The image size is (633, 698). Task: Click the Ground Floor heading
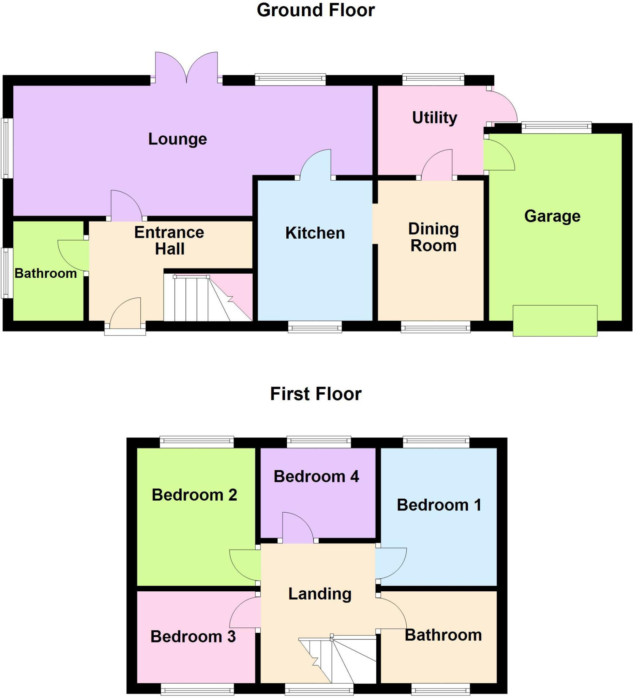pyautogui.click(x=315, y=10)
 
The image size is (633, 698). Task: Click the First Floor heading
pyautogui.click(x=315, y=394)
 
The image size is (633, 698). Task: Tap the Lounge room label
pyautogui.click(x=177, y=139)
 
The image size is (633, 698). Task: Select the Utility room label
pyautogui.click(x=434, y=118)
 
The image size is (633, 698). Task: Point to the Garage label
pyautogui.click(x=552, y=216)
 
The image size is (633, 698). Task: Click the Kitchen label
pyautogui.click(x=315, y=233)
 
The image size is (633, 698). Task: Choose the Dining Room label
pyautogui.click(x=433, y=238)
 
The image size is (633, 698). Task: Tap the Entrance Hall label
pyautogui.click(x=169, y=241)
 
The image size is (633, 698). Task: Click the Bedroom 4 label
pyautogui.click(x=316, y=477)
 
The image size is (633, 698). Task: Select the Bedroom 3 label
pyautogui.click(x=193, y=637)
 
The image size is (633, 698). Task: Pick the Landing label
pyautogui.click(x=320, y=594)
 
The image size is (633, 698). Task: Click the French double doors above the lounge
pyautogui.click(x=186, y=68)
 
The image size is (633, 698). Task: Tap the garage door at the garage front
pyautogui.click(x=555, y=320)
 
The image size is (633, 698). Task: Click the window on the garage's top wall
pyautogui.click(x=556, y=127)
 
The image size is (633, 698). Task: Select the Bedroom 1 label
pyautogui.click(x=439, y=505)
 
